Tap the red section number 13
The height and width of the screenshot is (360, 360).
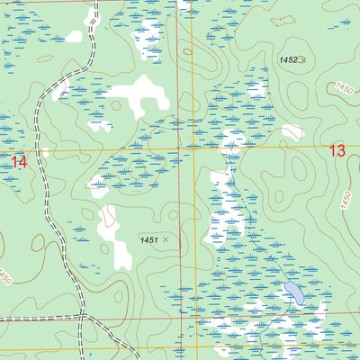(x=337, y=151)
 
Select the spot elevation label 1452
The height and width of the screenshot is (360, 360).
(x=287, y=59)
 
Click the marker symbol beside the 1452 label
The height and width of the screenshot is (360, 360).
(x=301, y=59)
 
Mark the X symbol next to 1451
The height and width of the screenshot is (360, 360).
(x=166, y=239)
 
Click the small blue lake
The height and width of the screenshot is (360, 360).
(x=292, y=292)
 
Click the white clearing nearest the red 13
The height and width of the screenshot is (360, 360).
(x=292, y=131)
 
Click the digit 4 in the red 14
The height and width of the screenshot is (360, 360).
(x=23, y=161)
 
